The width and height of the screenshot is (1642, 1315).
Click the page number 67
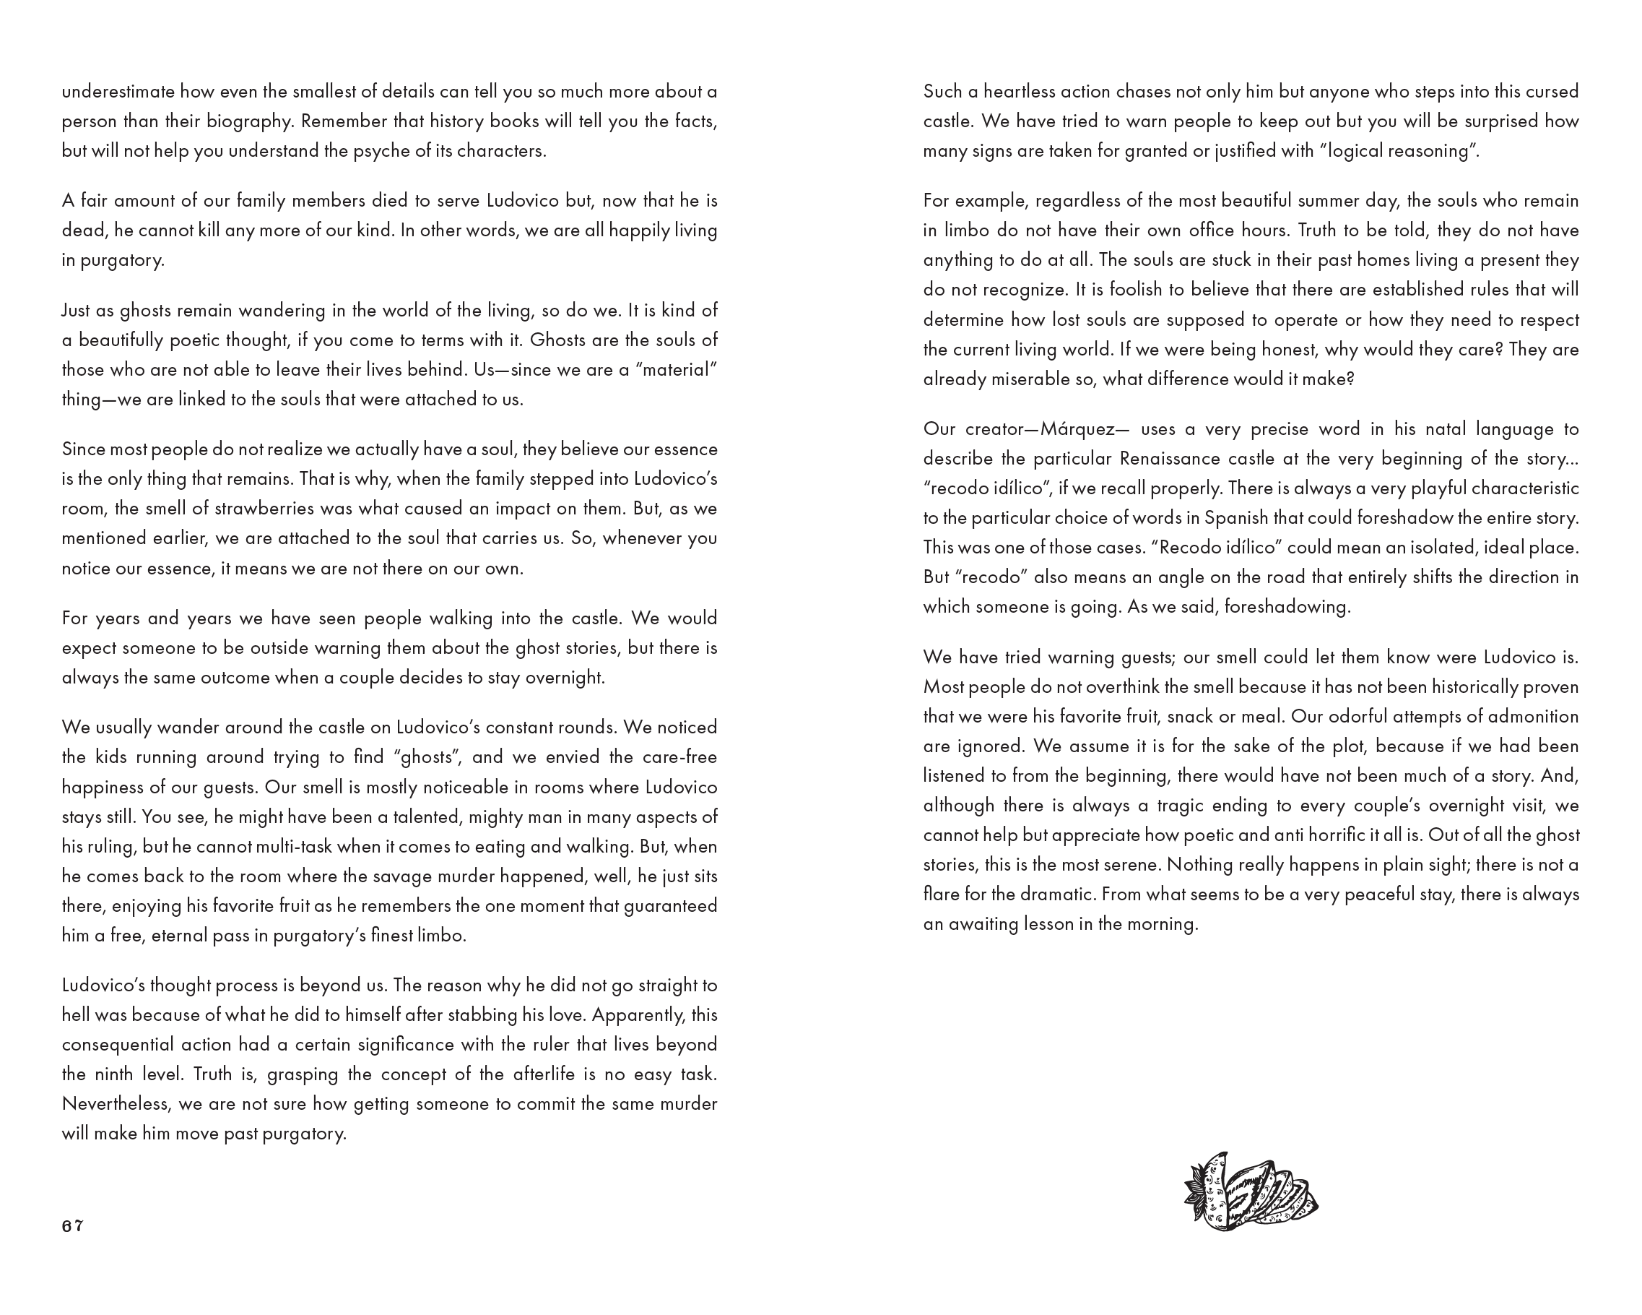(72, 1227)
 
